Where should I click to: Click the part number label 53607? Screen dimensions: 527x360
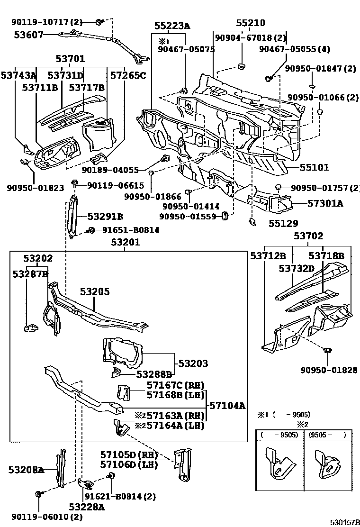coord(29,35)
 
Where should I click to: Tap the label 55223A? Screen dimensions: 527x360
coord(172,27)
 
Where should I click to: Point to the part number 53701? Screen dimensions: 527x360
coord(70,59)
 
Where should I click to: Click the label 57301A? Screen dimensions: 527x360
coord(325,203)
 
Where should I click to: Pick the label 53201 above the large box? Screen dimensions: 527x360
coord(126,243)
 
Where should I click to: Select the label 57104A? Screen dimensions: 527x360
coord(227,406)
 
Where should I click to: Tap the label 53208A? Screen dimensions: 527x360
coord(26,470)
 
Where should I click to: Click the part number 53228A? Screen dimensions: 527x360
coord(86,507)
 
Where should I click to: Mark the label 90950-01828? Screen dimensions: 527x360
coord(328,370)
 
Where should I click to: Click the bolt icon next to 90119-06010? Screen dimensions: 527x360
coord(37,494)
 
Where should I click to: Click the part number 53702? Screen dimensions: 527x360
coord(308,236)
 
